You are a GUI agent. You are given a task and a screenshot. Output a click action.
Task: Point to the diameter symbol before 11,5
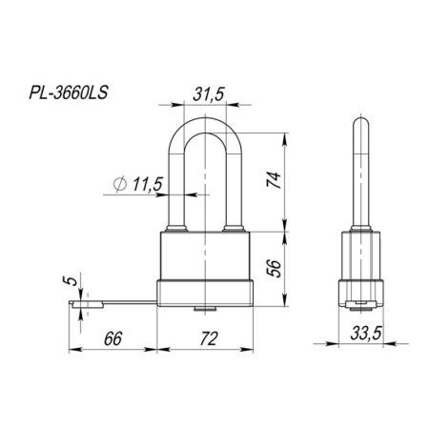[x=117, y=184]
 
